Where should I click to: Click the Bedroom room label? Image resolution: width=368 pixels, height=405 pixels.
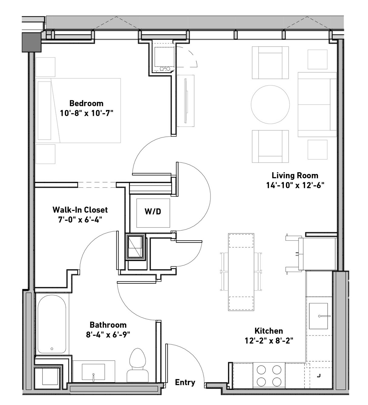point(86,103)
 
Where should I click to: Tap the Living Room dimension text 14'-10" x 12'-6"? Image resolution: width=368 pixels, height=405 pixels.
point(295,185)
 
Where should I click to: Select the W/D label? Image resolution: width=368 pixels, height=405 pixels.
point(153,211)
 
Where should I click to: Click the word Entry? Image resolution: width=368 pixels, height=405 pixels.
point(185,382)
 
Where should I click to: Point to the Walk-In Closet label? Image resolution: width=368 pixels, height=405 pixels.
point(80,210)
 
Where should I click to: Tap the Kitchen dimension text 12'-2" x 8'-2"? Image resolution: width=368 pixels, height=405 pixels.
point(269,341)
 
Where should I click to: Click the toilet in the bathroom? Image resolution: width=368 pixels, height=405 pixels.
point(138,365)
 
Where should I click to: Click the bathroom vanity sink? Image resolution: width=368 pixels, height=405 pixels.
point(93,372)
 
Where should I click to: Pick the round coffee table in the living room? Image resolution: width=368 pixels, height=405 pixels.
point(270,105)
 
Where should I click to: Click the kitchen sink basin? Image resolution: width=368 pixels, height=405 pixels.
point(318,316)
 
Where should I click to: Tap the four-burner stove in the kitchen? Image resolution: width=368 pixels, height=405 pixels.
point(269,376)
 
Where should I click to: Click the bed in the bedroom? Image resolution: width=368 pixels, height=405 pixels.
point(78,111)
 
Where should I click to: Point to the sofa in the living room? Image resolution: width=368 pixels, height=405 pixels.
point(317,104)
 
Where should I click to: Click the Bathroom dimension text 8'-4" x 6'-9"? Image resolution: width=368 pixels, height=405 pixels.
point(108,335)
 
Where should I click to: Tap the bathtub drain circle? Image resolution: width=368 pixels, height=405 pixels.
point(52,349)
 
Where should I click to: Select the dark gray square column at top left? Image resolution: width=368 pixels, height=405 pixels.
point(32,42)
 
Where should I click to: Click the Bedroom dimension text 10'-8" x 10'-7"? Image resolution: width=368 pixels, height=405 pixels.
point(87,113)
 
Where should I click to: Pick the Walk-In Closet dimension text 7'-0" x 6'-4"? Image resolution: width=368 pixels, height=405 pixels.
point(80,219)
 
